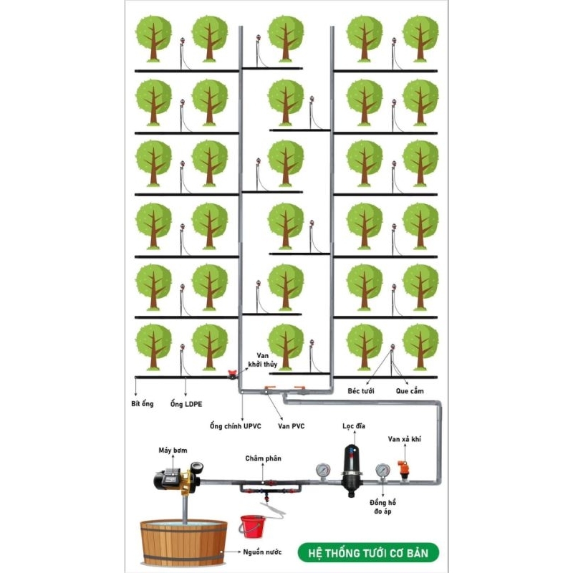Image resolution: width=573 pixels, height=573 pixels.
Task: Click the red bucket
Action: tap(252, 526)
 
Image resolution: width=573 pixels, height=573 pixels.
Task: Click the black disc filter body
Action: tap(352, 471)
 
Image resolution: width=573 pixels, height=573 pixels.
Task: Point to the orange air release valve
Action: tap(403, 471)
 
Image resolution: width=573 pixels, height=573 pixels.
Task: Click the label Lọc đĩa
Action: tap(353, 425)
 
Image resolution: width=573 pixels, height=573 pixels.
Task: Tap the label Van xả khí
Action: tap(404, 439)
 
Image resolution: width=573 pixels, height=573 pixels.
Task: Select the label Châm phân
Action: tap(263, 458)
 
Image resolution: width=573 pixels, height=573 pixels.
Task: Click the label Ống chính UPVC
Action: tap(236, 426)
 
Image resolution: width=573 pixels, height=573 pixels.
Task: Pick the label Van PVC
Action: tap(291, 426)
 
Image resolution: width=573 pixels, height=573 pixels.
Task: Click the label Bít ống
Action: tap(142, 404)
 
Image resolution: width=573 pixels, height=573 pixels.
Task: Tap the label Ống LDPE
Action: tap(186, 404)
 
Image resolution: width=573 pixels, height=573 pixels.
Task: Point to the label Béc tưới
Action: tap(361, 391)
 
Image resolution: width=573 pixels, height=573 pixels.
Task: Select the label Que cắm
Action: tap(410, 391)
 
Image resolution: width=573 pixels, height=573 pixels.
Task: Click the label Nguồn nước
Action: tap(262, 552)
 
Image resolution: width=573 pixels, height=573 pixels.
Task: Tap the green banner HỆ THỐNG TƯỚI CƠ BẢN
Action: tap(368, 553)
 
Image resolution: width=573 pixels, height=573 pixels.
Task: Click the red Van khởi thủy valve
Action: tap(232, 374)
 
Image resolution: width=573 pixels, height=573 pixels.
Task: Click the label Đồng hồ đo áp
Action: tap(382, 506)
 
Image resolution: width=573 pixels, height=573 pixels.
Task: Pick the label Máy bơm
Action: tap(173, 451)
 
